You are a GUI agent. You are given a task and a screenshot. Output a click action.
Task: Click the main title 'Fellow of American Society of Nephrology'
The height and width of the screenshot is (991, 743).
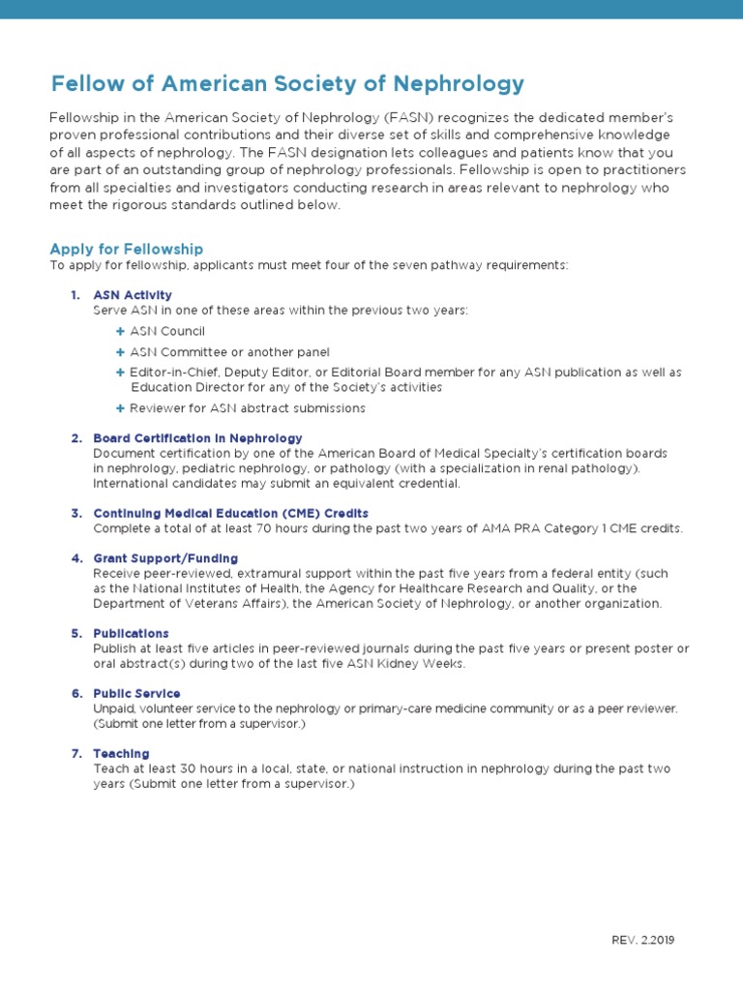coord(287,83)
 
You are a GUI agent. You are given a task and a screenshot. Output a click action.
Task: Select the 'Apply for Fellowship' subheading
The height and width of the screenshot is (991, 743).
coord(126,249)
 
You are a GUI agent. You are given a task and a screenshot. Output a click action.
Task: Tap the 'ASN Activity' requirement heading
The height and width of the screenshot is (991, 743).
coord(133,294)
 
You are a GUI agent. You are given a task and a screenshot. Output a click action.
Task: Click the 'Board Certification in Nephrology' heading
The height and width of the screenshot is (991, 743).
coord(197,438)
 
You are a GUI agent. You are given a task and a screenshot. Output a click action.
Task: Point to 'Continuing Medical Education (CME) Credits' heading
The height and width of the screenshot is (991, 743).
coord(230,513)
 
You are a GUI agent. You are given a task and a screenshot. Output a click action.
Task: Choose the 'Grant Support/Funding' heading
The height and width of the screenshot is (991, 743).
coord(165,558)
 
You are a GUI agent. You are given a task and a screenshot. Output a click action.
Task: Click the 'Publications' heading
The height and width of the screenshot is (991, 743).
coord(131,633)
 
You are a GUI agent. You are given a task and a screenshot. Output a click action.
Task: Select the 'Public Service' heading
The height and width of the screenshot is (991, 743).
coord(136,693)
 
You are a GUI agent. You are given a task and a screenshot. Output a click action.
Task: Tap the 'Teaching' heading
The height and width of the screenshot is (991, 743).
coord(121,753)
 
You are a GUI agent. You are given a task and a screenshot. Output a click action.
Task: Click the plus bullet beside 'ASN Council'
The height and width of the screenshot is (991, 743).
coord(120,331)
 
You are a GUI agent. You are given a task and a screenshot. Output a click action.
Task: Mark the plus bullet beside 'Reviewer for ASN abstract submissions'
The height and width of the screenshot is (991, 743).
coord(120,408)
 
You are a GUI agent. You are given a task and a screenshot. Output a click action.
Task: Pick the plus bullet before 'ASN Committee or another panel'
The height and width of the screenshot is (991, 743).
coord(120,352)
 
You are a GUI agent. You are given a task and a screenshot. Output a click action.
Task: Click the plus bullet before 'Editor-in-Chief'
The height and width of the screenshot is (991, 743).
coord(120,372)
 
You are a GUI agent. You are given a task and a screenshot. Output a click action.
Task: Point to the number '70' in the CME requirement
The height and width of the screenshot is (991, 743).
coord(263,528)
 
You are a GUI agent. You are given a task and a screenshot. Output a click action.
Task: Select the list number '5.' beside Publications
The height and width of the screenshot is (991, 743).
coord(76,633)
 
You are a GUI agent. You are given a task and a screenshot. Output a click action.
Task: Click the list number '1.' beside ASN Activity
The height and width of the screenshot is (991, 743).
coord(76,294)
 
